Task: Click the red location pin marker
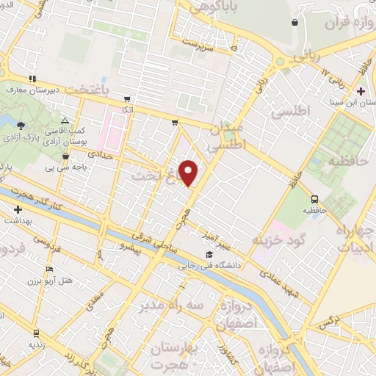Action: (189, 172)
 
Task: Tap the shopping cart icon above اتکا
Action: (128, 98)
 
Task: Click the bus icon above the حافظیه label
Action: (315, 198)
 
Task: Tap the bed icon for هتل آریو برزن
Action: (49, 270)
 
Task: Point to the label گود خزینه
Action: (278, 241)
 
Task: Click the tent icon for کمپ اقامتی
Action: (65, 120)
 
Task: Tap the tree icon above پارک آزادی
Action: (20, 125)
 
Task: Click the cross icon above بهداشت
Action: (18, 209)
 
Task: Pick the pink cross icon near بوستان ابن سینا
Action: (361, 91)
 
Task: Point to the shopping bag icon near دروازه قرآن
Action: (294, 23)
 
